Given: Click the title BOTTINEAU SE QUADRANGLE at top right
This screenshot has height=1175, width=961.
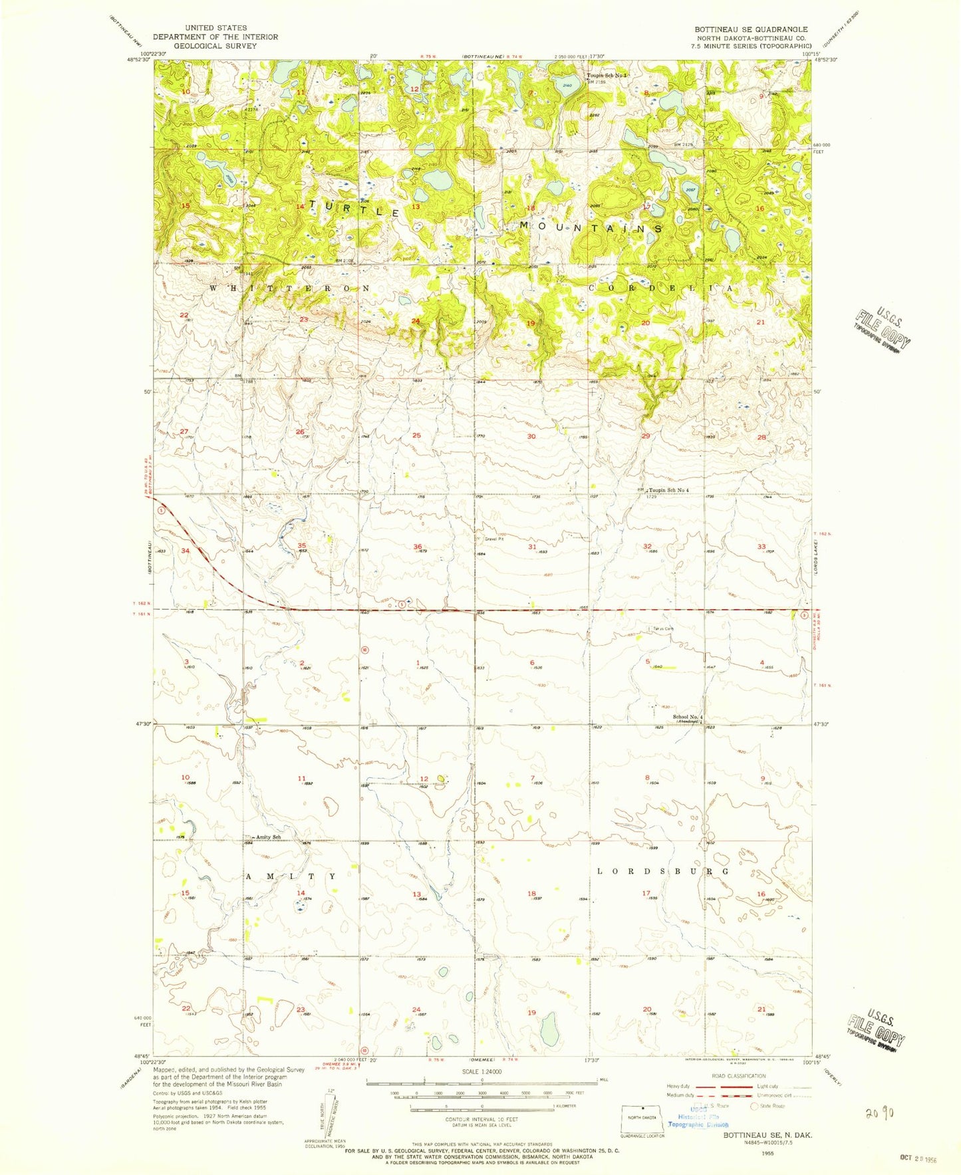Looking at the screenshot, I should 751,29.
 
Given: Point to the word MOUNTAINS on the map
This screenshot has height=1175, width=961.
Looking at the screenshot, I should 591,227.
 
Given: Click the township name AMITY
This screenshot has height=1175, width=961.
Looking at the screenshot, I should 291,876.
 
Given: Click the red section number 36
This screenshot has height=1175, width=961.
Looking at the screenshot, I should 417,547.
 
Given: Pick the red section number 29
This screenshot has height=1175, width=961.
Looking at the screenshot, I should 645,436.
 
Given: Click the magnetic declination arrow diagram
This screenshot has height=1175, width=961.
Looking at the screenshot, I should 322,1112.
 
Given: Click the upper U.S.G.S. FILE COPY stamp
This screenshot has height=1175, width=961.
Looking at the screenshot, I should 882,327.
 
